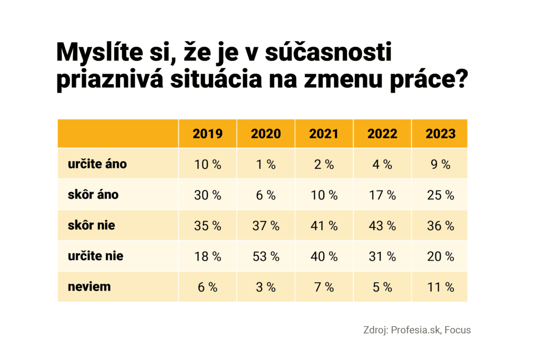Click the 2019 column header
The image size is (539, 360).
(207, 133)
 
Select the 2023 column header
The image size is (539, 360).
(441, 133)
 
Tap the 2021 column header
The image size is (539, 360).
(324, 133)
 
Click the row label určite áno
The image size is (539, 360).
(97, 164)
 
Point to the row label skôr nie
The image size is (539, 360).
(91, 226)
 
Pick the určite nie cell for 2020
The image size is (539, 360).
(265, 256)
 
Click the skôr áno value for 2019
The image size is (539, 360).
(207, 195)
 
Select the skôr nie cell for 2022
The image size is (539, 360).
(382, 226)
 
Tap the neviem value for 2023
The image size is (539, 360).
(441, 287)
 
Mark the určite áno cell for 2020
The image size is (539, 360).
(265, 164)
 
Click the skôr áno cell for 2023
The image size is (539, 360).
(441, 195)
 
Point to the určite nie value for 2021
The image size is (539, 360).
(324, 256)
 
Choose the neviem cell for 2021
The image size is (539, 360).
(324, 287)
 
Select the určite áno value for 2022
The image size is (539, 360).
(382, 164)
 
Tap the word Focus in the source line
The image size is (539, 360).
(458, 331)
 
